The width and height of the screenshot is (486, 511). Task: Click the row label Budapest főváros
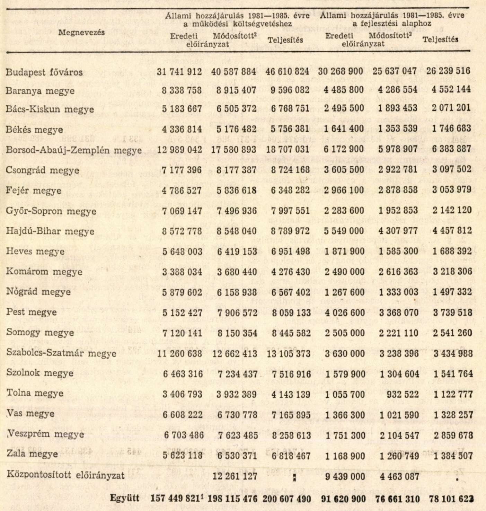pyautogui.click(x=44, y=72)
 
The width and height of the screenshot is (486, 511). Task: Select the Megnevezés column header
pyautogui.click(x=81, y=33)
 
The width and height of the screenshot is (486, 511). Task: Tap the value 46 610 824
pyautogui.click(x=288, y=72)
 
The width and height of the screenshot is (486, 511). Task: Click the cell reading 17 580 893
pyautogui.click(x=234, y=150)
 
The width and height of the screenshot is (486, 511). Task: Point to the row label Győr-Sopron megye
pyautogui.click(x=51, y=211)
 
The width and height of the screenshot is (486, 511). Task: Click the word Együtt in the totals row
pyautogui.click(x=124, y=498)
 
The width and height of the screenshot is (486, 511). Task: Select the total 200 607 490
pyautogui.click(x=287, y=499)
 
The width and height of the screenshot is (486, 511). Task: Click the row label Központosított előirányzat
pyautogui.click(x=65, y=475)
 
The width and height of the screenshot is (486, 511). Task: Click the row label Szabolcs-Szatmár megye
pyautogui.click(x=61, y=353)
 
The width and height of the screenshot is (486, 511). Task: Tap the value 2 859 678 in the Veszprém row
pyautogui.click(x=452, y=435)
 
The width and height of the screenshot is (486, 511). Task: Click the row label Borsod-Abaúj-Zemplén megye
pyautogui.click(x=73, y=150)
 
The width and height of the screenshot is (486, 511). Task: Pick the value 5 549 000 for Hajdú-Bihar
pyautogui.click(x=345, y=231)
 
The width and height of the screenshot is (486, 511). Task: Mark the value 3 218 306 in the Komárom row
pyautogui.click(x=452, y=272)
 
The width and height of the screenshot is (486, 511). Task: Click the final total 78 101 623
pyautogui.click(x=451, y=499)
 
